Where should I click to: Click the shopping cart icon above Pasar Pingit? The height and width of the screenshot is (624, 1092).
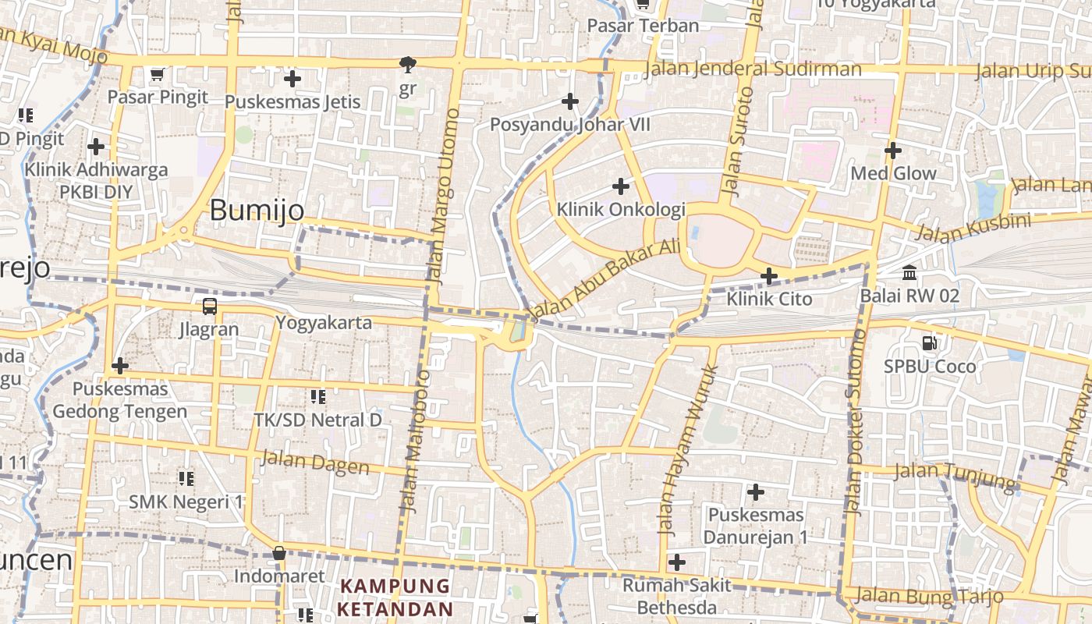pyautogui.click(x=157, y=75)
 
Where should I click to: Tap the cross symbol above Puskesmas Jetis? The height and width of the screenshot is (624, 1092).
pyautogui.click(x=292, y=79)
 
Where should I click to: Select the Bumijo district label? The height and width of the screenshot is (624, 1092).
pyautogui.click(x=257, y=210)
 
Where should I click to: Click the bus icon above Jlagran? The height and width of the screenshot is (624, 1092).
pyautogui.click(x=209, y=306)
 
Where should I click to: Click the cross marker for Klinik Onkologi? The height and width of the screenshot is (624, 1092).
pyautogui.click(x=621, y=186)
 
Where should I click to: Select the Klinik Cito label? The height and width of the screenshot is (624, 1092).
pyautogui.click(x=769, y=299)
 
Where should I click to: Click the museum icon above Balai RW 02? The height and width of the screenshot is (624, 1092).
pyautogui.click(x=909, y=273)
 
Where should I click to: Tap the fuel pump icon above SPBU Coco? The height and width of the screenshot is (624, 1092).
pyautogui.click(x=930, y=342)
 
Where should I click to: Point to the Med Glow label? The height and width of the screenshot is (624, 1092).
pyautogui.click(x=893, y=173)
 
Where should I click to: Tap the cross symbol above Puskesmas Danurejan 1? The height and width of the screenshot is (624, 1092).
pyautogui.click(x=755, y=492)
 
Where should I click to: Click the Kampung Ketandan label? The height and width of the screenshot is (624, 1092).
pyautogui.click(x=395, y=597)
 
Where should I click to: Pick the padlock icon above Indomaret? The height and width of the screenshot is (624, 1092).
pyautogui.click(x=278, y=554)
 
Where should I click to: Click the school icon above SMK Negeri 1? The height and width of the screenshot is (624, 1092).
pyautogui.click(x=186, y=478)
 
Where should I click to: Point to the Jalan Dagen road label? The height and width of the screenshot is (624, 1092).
pyautogui.click(x=315, y=463)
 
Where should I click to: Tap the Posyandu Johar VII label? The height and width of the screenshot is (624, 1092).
pyautogui.click(x=569, y=125)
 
